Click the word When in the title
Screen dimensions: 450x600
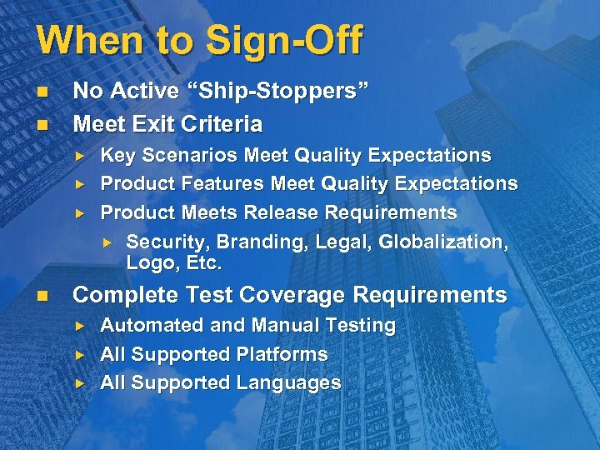click(x=79, y=40)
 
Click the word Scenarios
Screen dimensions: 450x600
click(x=190, y=155)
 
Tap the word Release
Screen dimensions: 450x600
click(x=283, y=212)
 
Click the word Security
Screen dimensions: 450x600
click(x=166, y=242)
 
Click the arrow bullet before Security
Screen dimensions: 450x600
click(x=106, y=242)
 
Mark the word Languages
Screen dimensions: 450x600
click(x=288, y=382)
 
